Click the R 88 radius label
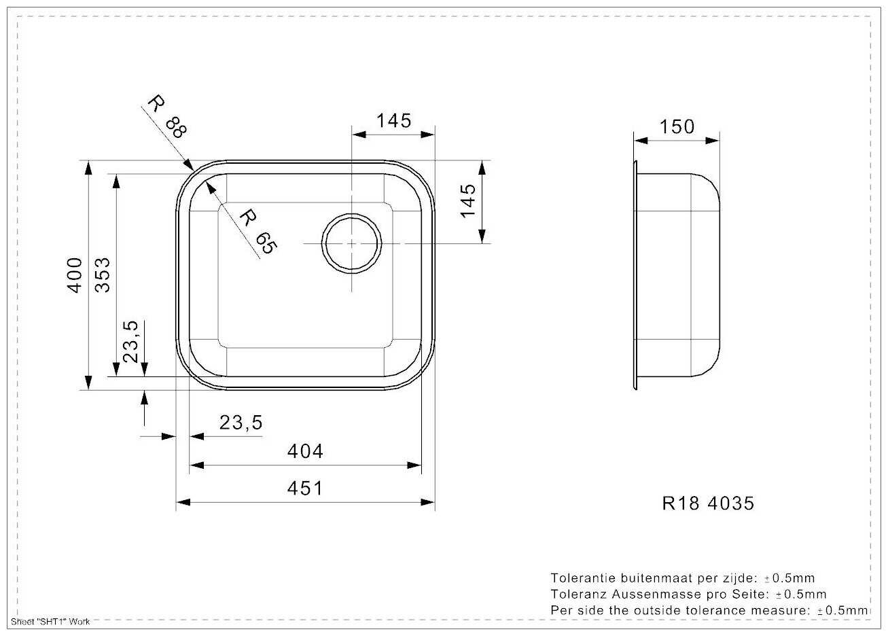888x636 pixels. [x=167, y=117]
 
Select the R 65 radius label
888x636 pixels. [x=258, y=232]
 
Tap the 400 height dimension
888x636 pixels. [x=75, y=275]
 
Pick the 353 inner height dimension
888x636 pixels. [x=103, y=275]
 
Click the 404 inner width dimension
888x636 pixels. [x=305, y=451]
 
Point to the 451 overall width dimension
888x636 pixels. [x=305, y=488]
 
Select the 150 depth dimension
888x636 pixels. [x=677, y=127]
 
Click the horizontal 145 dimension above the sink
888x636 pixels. [x=393, y=120]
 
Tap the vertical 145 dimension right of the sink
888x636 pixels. [x=468, y=200]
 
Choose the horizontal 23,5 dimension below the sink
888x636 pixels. [x=241, y=423]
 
